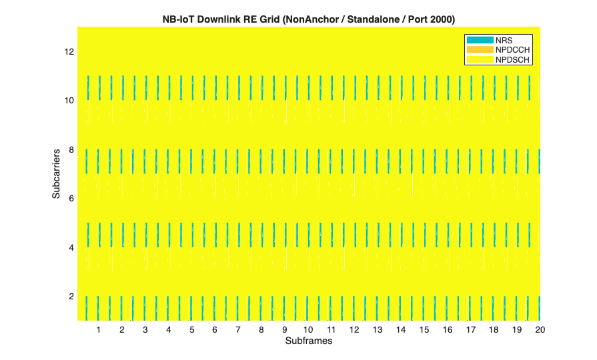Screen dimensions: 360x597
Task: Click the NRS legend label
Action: pos(504,41)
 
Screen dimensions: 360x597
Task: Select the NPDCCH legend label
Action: pos(512,50)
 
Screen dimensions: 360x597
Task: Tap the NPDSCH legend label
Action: pos(512,59)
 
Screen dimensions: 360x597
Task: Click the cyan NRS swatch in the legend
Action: pos(479,41)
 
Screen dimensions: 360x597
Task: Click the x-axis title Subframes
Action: pos(308,341)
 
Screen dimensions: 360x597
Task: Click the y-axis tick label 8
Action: pos(71,149)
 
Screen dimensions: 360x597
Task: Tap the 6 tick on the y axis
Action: pos(71,198)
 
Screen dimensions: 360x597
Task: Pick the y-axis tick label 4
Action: pos(71,247)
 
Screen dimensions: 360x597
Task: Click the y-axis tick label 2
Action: pos(71,296)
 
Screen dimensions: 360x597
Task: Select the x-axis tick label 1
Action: pos(99,330)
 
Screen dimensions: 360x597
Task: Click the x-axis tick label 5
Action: pos(191,330)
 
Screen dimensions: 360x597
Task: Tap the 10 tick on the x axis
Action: pos(308,330)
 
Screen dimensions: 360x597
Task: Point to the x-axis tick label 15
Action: pos(424,330)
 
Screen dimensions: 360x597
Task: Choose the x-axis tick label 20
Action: pos(540,330)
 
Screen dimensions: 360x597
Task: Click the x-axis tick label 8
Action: pos(261,330)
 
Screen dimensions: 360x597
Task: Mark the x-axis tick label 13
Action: pos(378,330)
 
